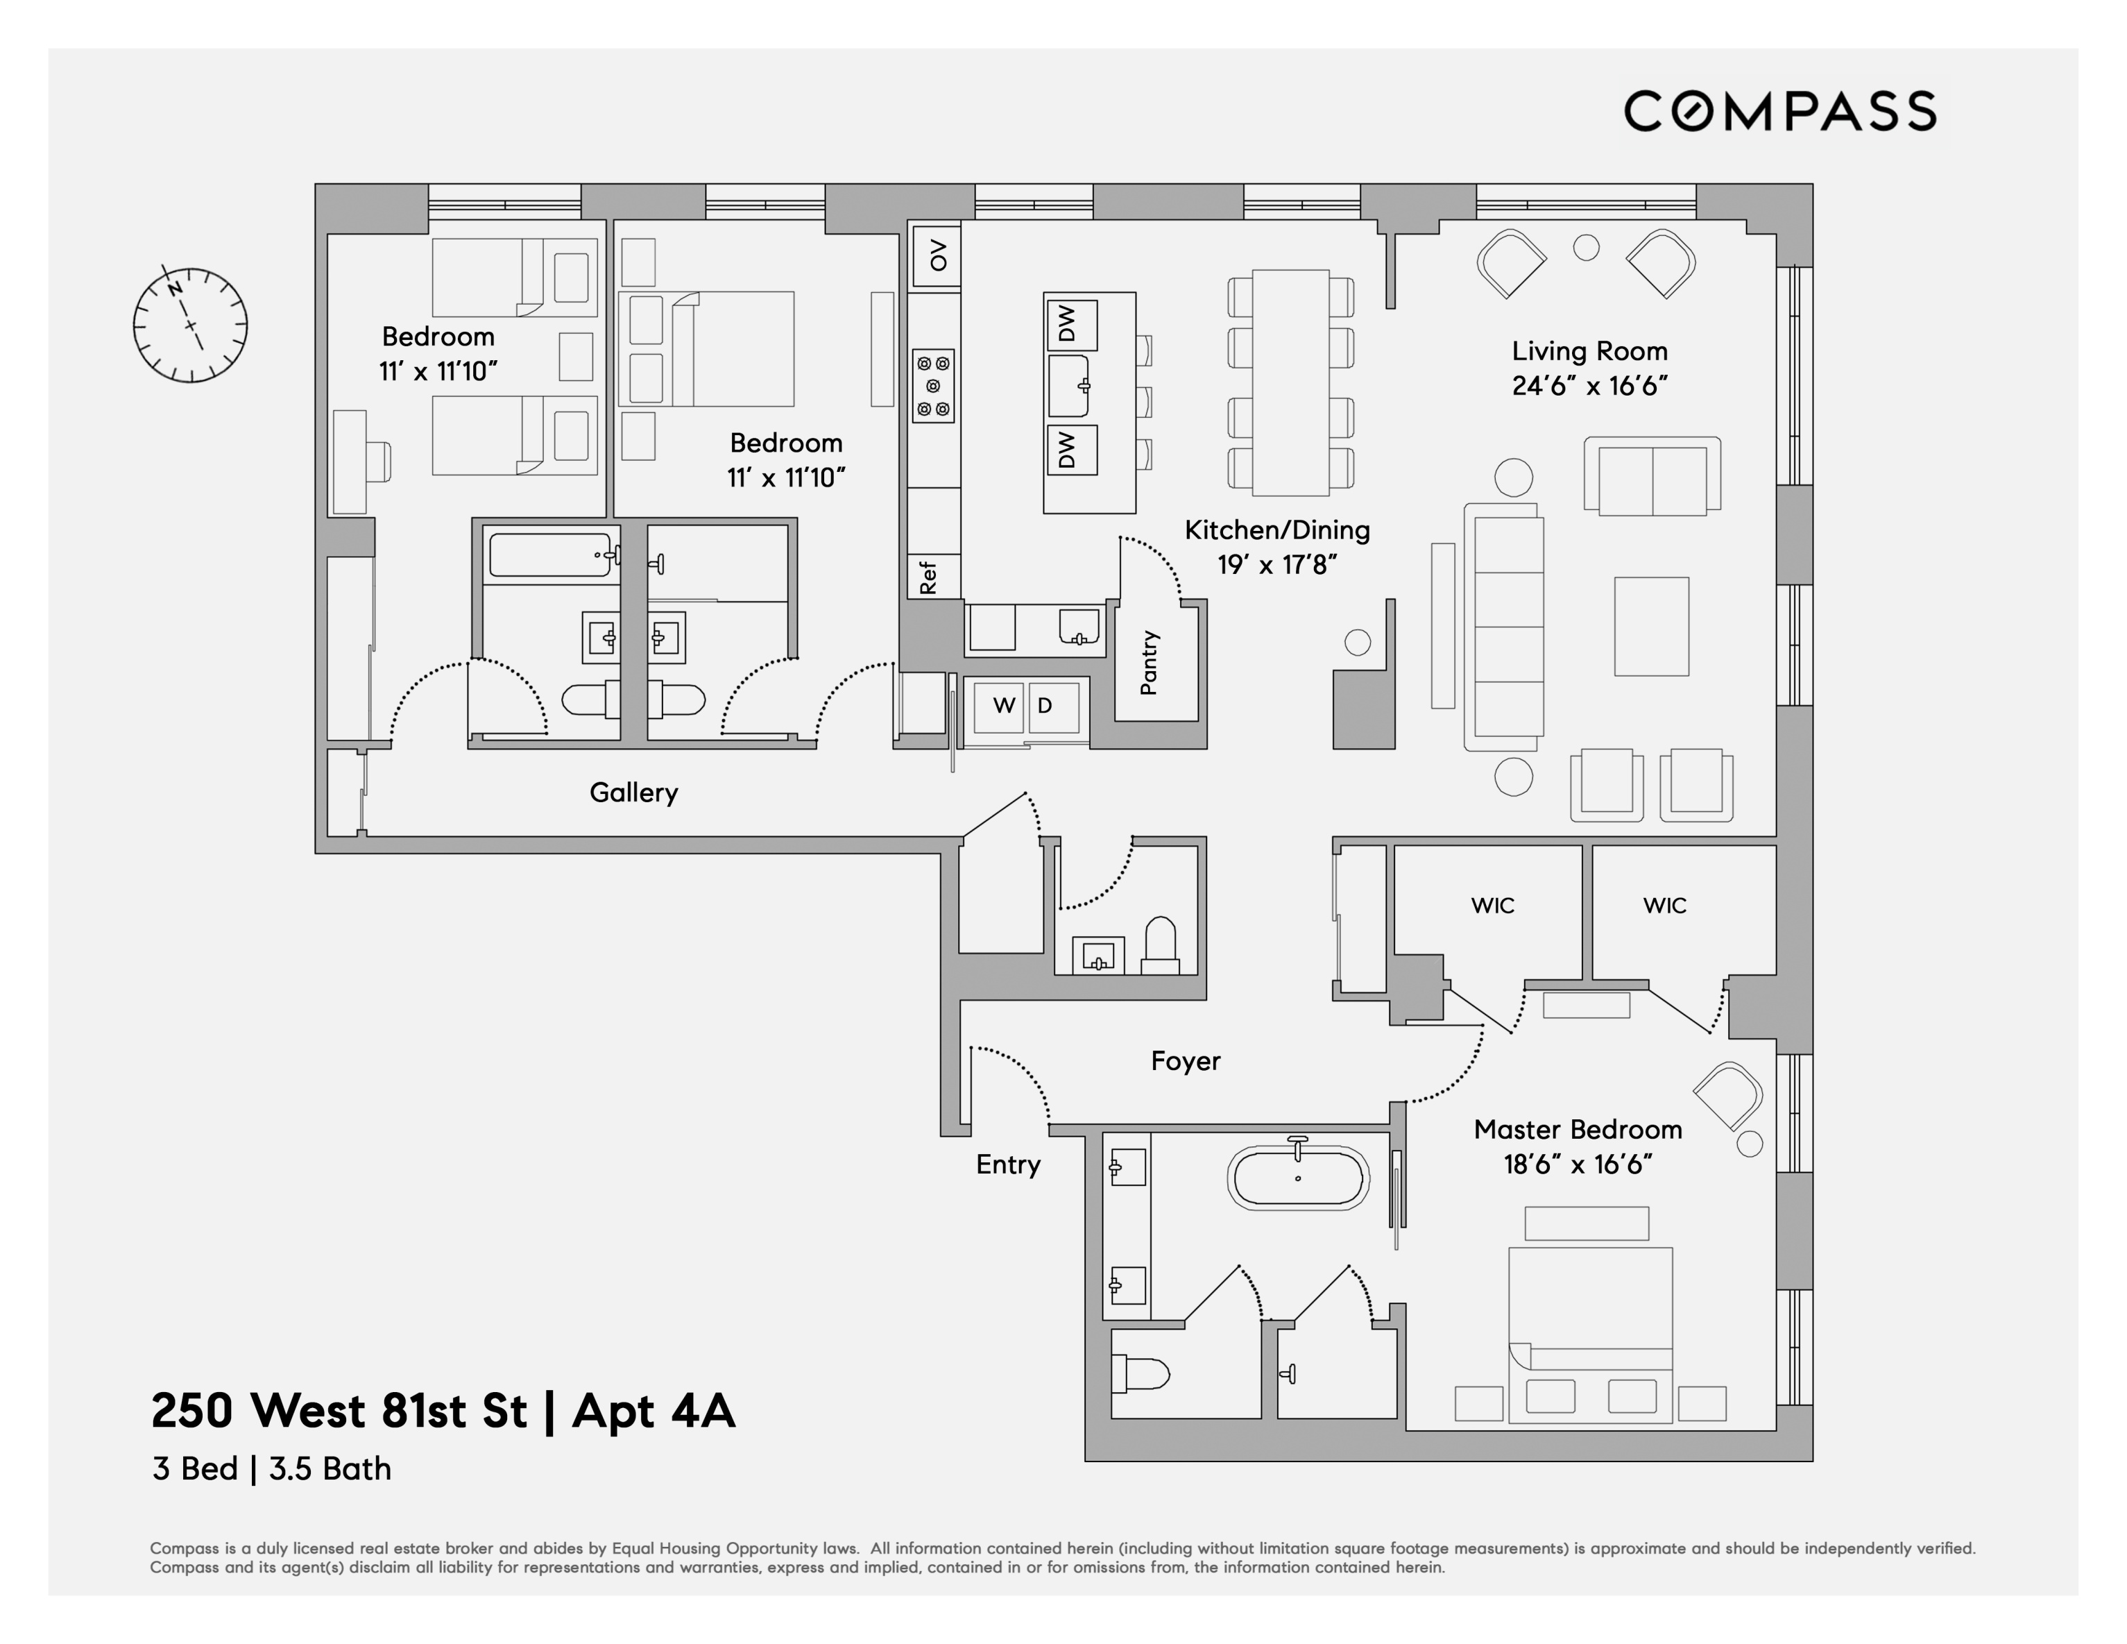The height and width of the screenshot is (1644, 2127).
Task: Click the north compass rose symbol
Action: click(190, 324)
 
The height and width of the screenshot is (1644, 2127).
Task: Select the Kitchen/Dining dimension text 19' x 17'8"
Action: click(1276, 565)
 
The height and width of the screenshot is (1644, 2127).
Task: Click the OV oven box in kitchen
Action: click(936, 255)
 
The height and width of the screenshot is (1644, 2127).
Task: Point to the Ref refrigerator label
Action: click(928, 577)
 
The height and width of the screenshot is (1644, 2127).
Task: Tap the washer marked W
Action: click(1003, 706)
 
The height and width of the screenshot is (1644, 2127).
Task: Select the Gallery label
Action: click(633, 793)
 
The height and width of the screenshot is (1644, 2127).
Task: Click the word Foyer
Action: click(1185, 1062)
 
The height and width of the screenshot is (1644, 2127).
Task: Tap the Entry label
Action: click(1008, 1165)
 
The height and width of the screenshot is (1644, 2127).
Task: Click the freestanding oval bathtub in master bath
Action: click(1298, 1178)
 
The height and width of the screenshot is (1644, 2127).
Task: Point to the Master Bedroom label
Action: click(1578, 1130)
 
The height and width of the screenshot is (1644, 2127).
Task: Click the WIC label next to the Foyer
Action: click(1492, 906)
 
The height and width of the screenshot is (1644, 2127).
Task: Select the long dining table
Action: click(1290, 383)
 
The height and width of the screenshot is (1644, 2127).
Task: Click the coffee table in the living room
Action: click(1651, 626)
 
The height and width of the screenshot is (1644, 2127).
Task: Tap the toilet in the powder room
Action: click(1160, 944)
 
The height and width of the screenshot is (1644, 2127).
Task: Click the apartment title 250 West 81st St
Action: click(443, 1410)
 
